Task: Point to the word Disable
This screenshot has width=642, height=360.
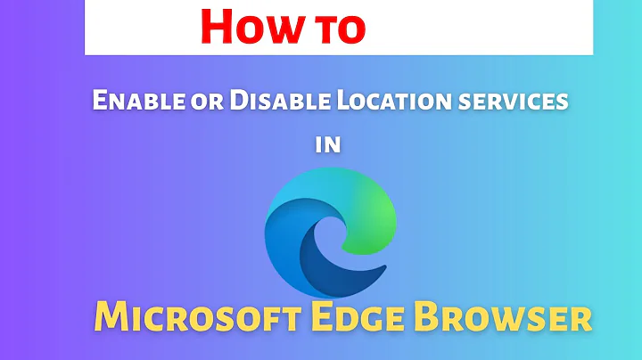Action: coord(269,102)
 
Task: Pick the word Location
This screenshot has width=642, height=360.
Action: coord(380,102)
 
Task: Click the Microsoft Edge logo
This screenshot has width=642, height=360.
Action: coord(329,232)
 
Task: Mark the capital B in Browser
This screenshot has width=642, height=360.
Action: coord(424,317)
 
